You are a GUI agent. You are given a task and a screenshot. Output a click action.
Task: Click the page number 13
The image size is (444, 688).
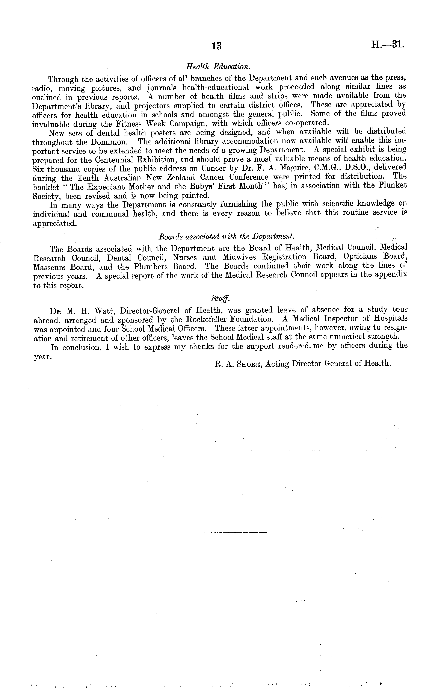[x=216, y=46]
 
